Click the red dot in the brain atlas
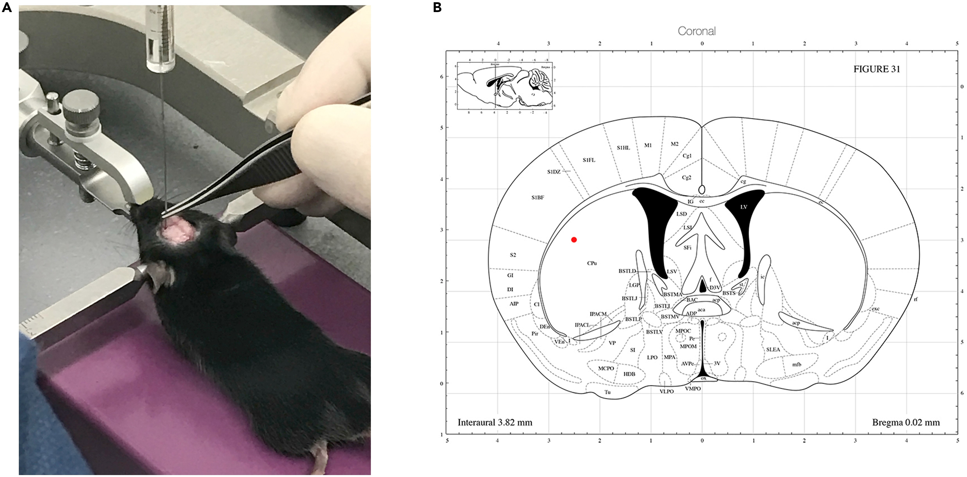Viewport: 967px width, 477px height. point(574,240)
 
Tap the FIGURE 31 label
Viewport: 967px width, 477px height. point(877,69)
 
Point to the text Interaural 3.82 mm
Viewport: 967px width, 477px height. point(495,422)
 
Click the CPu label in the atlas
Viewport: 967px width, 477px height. point(592,263)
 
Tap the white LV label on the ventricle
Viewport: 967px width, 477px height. point(744,207)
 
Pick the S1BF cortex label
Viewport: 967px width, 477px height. point(538,197)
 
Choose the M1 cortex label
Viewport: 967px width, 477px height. point(648,145)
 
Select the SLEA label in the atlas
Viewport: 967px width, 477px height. point(773,349)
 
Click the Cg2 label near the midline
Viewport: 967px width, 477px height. point(686,178)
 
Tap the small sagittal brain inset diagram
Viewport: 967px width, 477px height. point(505,86)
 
